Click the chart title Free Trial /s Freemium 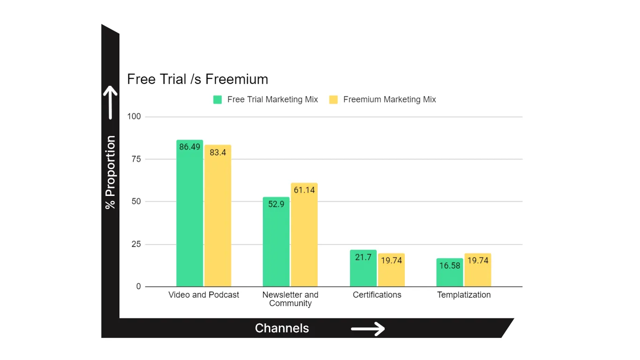click(197, 79)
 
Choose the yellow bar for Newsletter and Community click(304, 235)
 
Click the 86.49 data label click(190, 147)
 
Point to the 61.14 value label click(304, 190)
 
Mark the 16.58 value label click(450, 266)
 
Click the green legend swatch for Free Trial click(217, 99)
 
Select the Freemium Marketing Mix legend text click(389, 99)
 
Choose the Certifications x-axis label click(377, 295)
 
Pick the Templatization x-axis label click(464, 295)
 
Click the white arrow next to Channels click(368, 329)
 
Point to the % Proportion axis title click(110, 172)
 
